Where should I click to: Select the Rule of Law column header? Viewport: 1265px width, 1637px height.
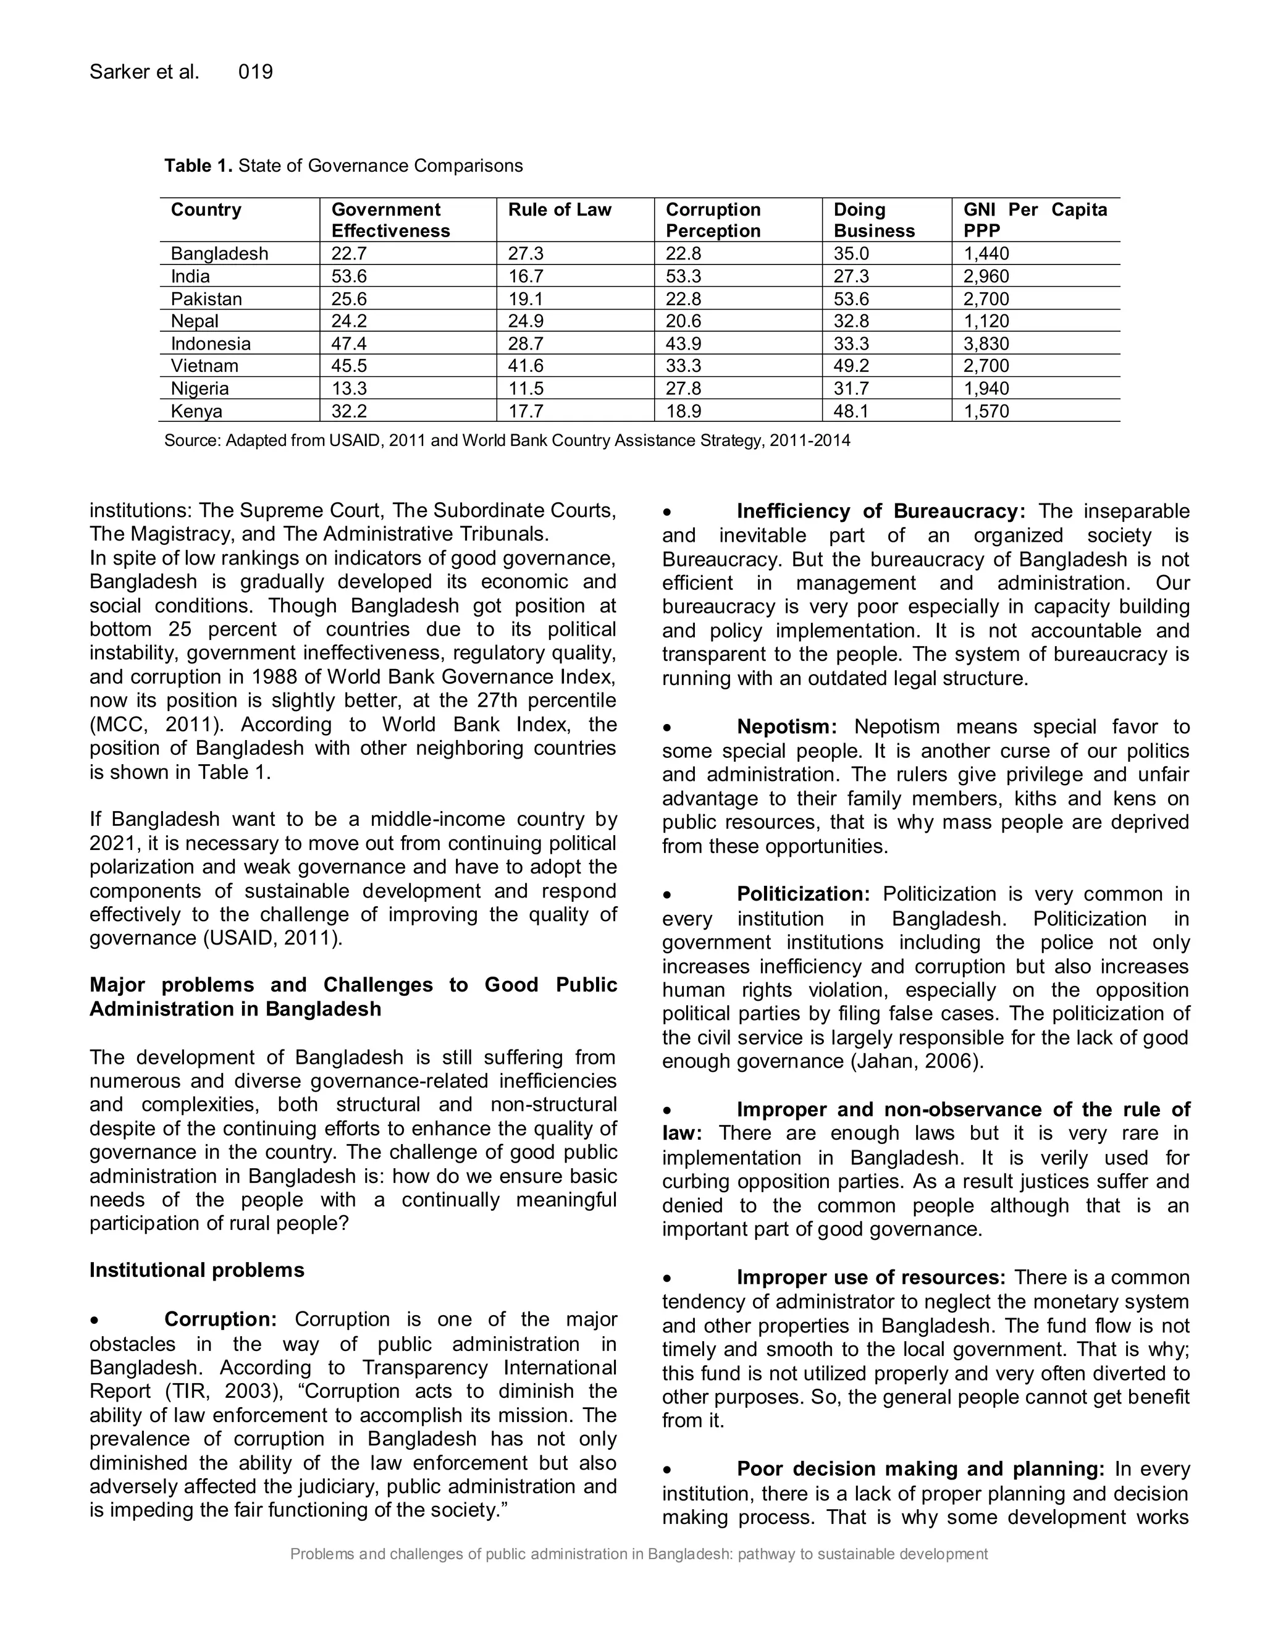[x=559, y=210]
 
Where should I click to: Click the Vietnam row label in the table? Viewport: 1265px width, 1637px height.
[x=204, y=366]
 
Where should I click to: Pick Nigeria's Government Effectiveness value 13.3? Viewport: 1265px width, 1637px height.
[x=348, y=389]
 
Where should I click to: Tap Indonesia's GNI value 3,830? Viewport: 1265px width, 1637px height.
[x=986, y=343]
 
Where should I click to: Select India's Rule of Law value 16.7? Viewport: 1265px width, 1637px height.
[x=526, y=276]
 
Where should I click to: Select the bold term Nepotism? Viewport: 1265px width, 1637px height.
[x=787, y=727]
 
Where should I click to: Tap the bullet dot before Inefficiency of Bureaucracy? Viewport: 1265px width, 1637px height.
[x=668, y=513]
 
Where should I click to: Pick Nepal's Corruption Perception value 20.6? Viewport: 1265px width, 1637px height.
[x=684, y=321]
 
